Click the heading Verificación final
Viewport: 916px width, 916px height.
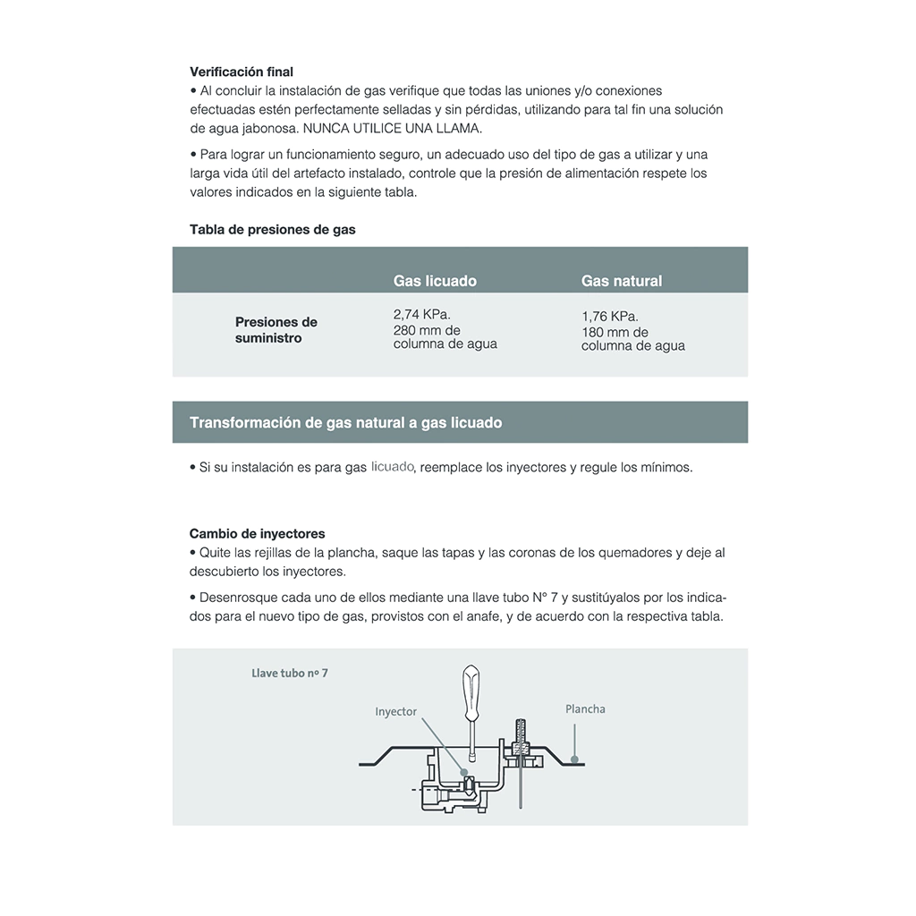tap(242, 72)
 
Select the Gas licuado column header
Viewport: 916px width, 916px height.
tap(435, 281)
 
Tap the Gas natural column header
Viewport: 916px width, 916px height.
tap(622, 281)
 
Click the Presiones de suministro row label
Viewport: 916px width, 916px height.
tap(276, 330)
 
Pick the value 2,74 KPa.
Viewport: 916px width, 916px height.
tap(422, 315)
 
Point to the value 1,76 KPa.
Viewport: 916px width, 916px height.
tap(610, 317)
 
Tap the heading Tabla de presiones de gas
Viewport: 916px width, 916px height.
tap(273, 229)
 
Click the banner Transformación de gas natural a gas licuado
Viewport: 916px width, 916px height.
tap(346, 422)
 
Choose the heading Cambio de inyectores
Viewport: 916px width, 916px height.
tap(258, 534)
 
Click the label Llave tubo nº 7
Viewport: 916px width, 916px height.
tap(290, 673)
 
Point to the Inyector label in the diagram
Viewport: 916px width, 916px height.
tap(395, 712)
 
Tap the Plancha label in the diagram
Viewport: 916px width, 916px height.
tap(585, 709)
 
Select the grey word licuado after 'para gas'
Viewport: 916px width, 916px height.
tap(393, 467)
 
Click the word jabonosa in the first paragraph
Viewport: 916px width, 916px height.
tap(263, 128)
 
